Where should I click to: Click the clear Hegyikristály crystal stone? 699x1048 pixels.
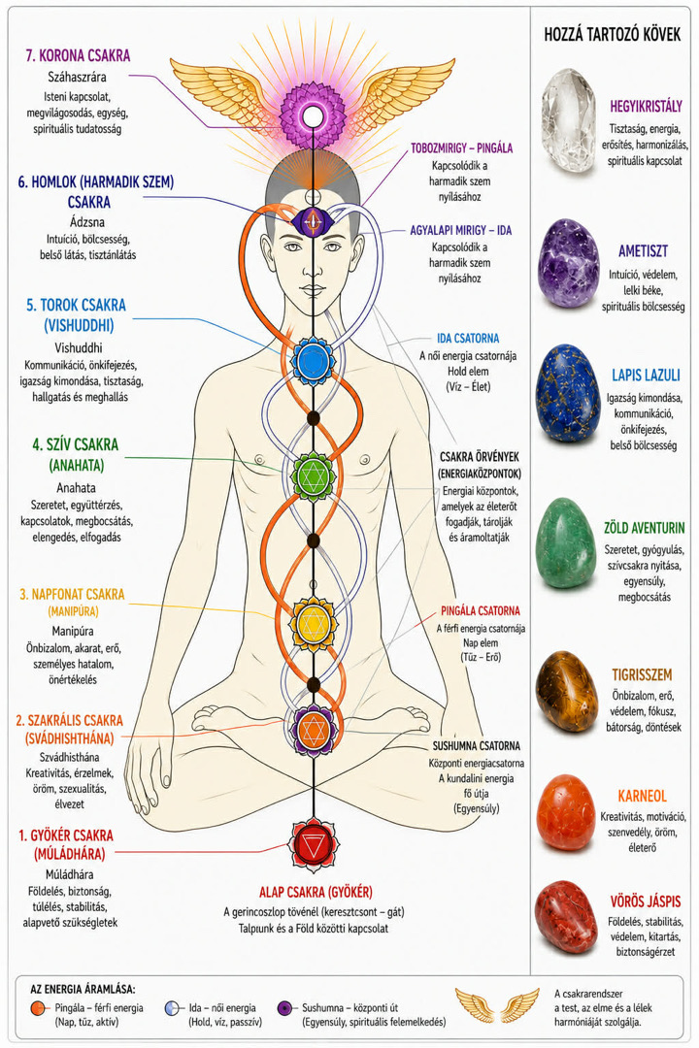click(569, 120)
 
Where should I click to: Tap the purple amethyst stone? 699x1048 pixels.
click(569, 263)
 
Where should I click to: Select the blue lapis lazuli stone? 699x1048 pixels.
click(568, 394)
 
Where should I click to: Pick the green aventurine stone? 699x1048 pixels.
click(567, 542)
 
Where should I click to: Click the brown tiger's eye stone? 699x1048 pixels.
click(567, 691)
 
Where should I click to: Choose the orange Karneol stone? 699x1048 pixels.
click(566, 813)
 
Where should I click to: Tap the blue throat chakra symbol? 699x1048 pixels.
click(313, 360)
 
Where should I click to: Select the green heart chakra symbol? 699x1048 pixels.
click(313, 475)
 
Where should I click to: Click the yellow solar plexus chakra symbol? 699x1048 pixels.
click(313, 623)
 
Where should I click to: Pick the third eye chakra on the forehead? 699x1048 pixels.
click(313, 221)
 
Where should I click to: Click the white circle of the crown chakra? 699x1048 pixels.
click(313, 116)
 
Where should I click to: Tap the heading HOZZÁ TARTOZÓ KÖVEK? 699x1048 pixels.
click(612, 35)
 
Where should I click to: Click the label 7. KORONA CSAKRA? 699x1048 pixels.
click(79, 55)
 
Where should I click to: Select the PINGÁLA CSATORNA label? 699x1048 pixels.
click(481, 610)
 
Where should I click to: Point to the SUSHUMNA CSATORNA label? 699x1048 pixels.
click(477, 746)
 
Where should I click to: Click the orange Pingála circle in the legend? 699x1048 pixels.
click(40, 1008)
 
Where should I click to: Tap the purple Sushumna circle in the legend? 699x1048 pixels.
click(286, 1008)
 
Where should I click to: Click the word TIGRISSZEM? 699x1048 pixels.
click(642, 675)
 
